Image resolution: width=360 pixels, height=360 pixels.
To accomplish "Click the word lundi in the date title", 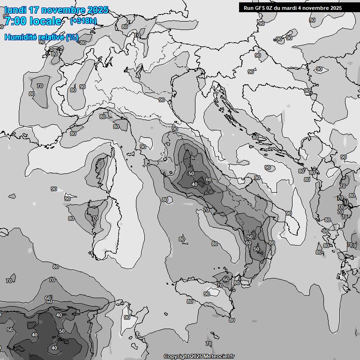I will coord(15,10).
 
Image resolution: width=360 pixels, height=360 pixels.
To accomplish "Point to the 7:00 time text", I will coord(15,21).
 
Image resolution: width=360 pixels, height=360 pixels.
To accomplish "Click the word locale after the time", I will coord(45,21).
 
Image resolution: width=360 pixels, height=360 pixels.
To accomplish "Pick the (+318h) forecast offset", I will coord(84,21).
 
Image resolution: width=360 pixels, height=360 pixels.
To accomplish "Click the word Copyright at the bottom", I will coord(176,357).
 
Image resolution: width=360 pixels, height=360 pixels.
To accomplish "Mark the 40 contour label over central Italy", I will coord(195,184).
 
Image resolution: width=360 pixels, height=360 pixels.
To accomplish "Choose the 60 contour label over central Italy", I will coord(209,180).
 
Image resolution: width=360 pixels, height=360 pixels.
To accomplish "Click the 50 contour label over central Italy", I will coord(191,173).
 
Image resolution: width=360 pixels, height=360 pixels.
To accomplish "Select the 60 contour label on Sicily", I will coord(225,279).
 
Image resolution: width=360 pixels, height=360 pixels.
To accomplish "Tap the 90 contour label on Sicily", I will coord(207,294).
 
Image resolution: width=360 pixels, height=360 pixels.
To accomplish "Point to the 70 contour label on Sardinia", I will coord(95,218).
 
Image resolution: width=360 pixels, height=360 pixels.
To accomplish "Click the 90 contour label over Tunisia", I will coord(127,317).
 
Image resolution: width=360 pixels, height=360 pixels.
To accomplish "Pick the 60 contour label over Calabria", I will coord(248,243).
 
